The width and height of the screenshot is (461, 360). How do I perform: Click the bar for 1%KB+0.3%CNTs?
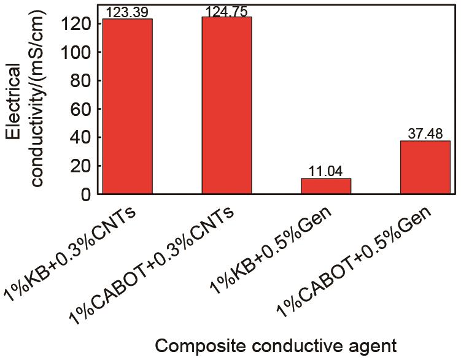pyautogui.click(x=127, y=107)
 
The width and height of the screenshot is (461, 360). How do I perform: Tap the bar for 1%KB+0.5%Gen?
pyautogui.click(x=326, y=186)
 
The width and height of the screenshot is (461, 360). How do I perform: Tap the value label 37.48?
pyautogui.click(x=425, y=134)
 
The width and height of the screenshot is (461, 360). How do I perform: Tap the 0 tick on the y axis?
pyautogui.click(x=85, y=194)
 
